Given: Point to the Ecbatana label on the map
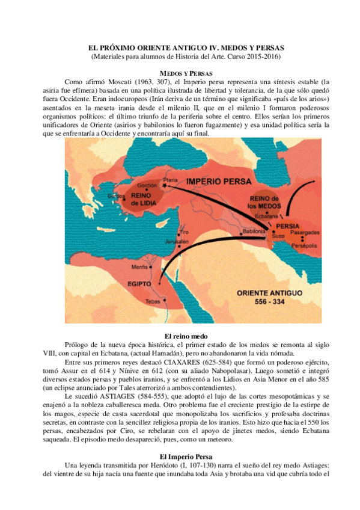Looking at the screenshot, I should coord(266,215).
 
